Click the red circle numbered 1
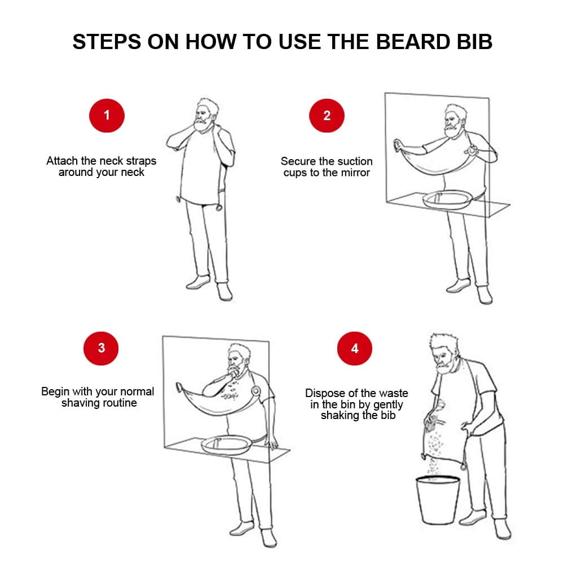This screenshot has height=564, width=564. point(107,116)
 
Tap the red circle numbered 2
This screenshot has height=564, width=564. point(327,116)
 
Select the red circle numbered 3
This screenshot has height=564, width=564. point(101,348)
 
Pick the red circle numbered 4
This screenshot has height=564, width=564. point(355,348)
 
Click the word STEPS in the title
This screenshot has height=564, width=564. point(107,42)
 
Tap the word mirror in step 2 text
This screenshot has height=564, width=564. point(355,173)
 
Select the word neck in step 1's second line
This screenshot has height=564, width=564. point(133,172)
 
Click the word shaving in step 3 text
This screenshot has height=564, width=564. point(78,403)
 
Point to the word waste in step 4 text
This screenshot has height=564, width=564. point(395,393)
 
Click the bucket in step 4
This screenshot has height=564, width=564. point(438,500)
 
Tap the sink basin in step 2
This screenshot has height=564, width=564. point(447,200)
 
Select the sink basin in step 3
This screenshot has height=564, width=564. point(227,445)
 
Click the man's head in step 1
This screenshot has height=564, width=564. point(206,115)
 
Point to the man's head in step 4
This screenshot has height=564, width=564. point(444,354)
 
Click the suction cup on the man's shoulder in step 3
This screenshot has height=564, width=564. point(255,391)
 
